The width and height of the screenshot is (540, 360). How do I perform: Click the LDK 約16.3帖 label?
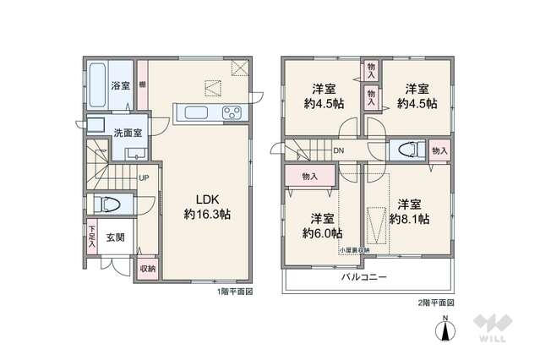207,206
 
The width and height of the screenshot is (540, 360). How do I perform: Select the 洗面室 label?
128,133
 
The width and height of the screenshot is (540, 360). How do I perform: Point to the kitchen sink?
191,112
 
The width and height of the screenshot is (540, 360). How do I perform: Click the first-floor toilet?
111,204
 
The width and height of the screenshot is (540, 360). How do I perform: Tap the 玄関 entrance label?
117,237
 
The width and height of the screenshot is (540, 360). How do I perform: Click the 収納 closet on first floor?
147,268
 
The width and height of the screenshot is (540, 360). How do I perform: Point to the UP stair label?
144,178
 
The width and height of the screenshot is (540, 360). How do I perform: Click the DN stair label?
338,152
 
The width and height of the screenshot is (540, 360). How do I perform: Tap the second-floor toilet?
409,150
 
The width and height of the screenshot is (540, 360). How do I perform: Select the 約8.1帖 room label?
410,211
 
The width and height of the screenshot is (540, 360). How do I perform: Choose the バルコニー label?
364,277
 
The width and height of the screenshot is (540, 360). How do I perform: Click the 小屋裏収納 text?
354,251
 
